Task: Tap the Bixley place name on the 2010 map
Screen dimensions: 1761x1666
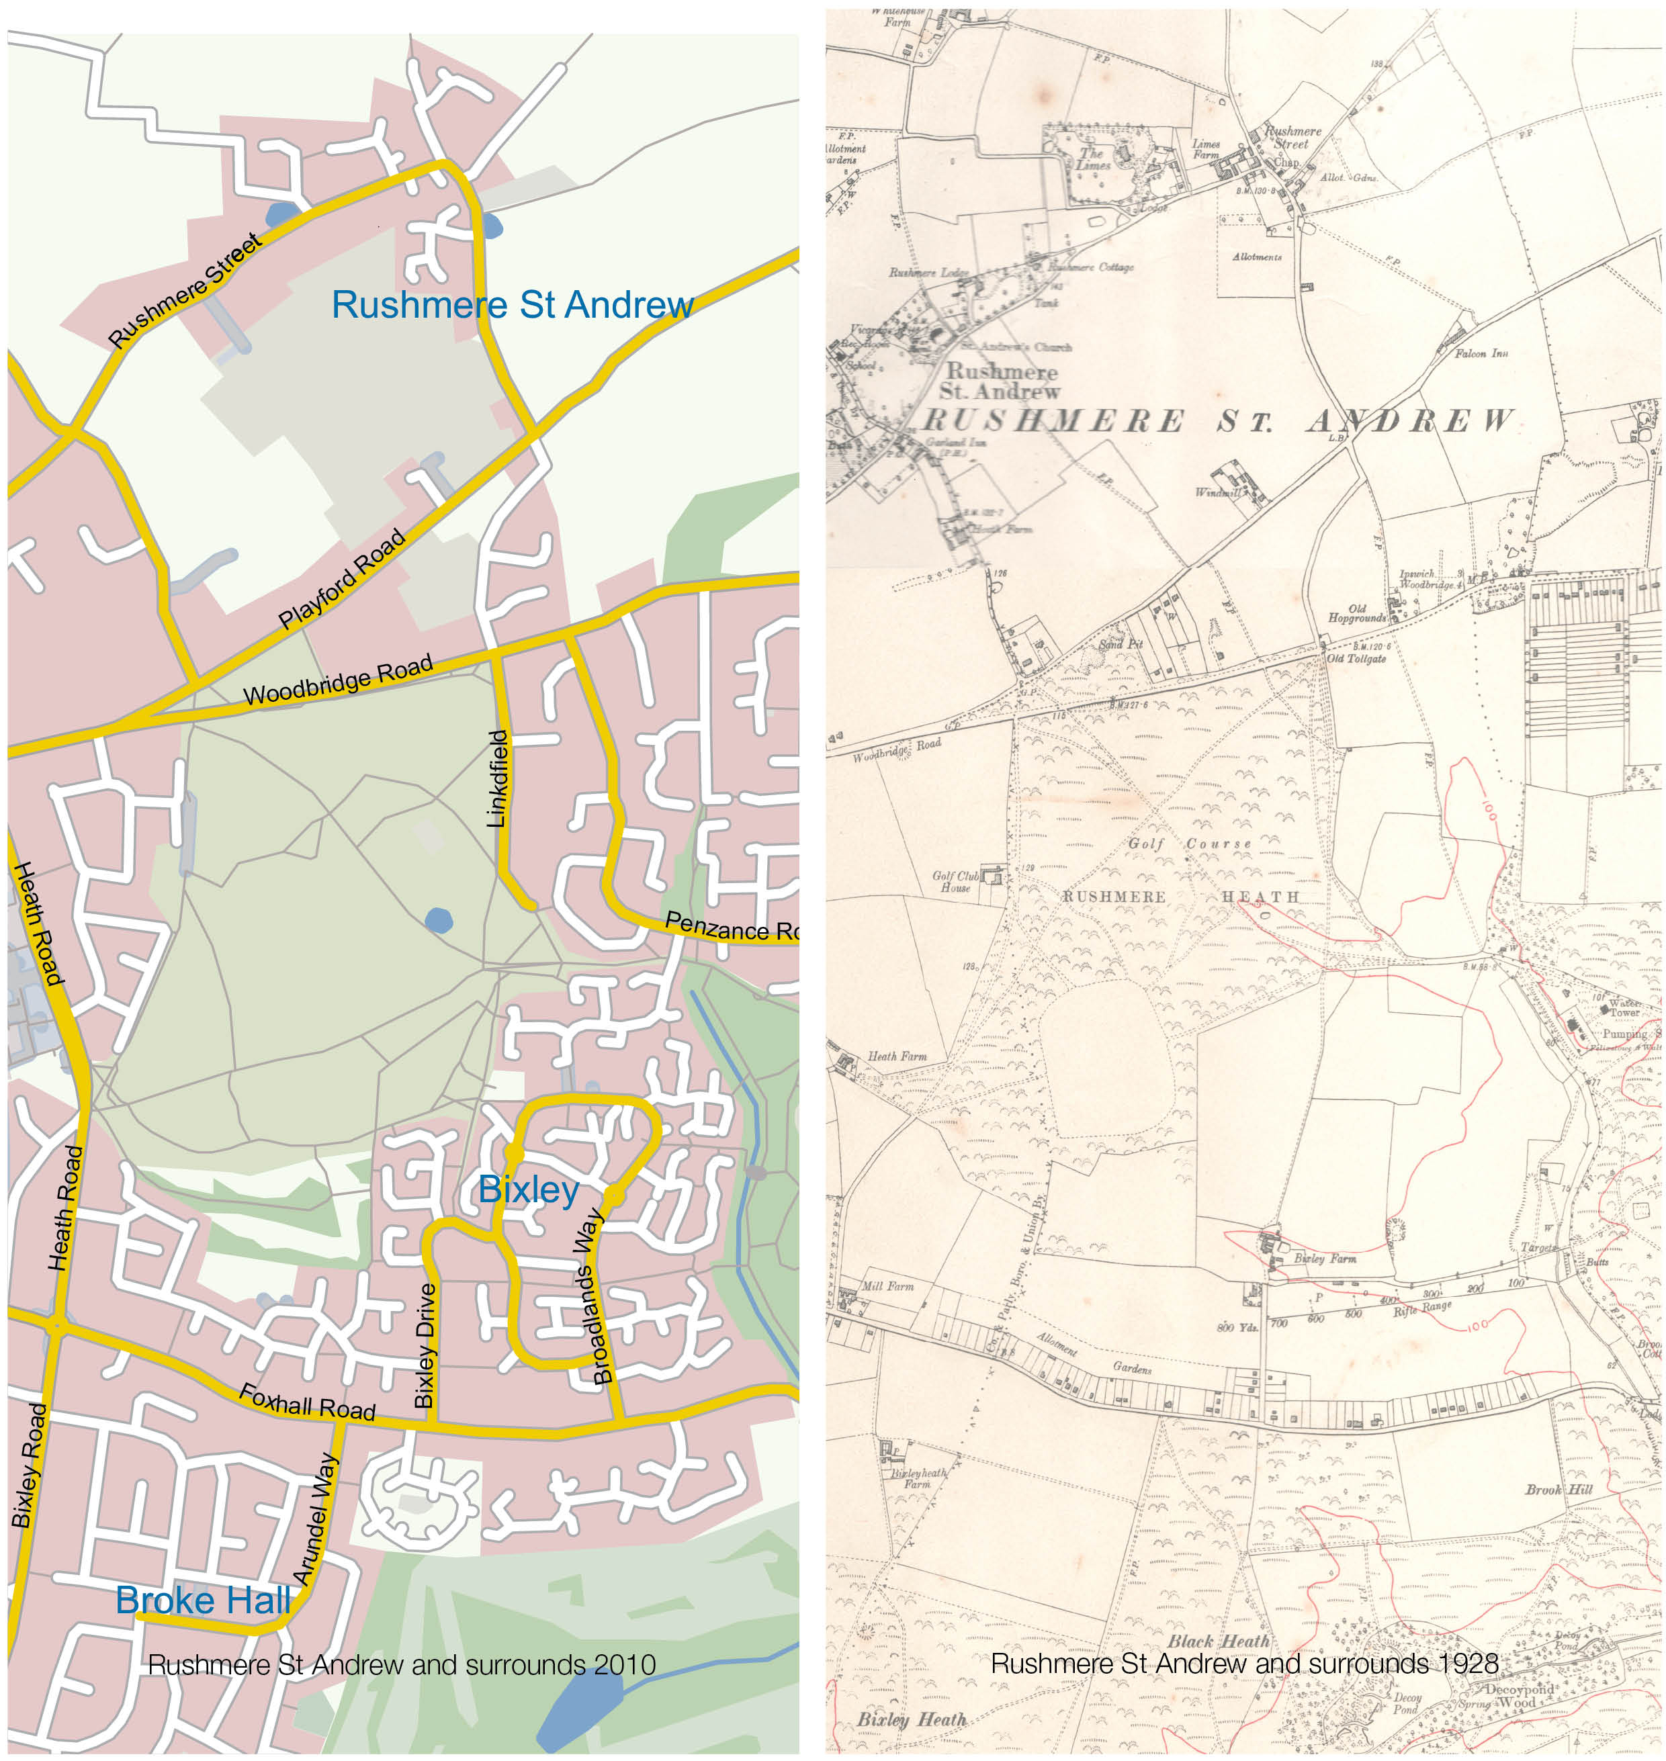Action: tap(529, 1189)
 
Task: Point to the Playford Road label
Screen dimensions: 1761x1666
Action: tap(342, 579)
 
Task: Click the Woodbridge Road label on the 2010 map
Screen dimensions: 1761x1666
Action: tap(339, 680)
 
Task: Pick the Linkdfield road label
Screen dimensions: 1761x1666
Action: tap(499, 779)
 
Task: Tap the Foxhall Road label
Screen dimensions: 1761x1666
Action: tap(307, 1401)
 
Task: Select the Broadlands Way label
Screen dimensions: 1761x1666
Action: tap(593, 1295)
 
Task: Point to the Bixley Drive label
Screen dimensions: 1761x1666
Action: tap(425, 1345)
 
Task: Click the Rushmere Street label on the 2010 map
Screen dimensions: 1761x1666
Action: tap(185, 289)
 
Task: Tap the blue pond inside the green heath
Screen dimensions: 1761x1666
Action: tap(439, 920)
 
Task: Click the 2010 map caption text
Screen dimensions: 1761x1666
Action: tap(402, 1664)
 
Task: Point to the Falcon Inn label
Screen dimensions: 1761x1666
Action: tap(1481, 353)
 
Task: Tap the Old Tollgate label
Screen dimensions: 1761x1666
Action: tap(1356, 658)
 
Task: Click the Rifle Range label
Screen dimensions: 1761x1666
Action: tap(1421, 1307)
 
